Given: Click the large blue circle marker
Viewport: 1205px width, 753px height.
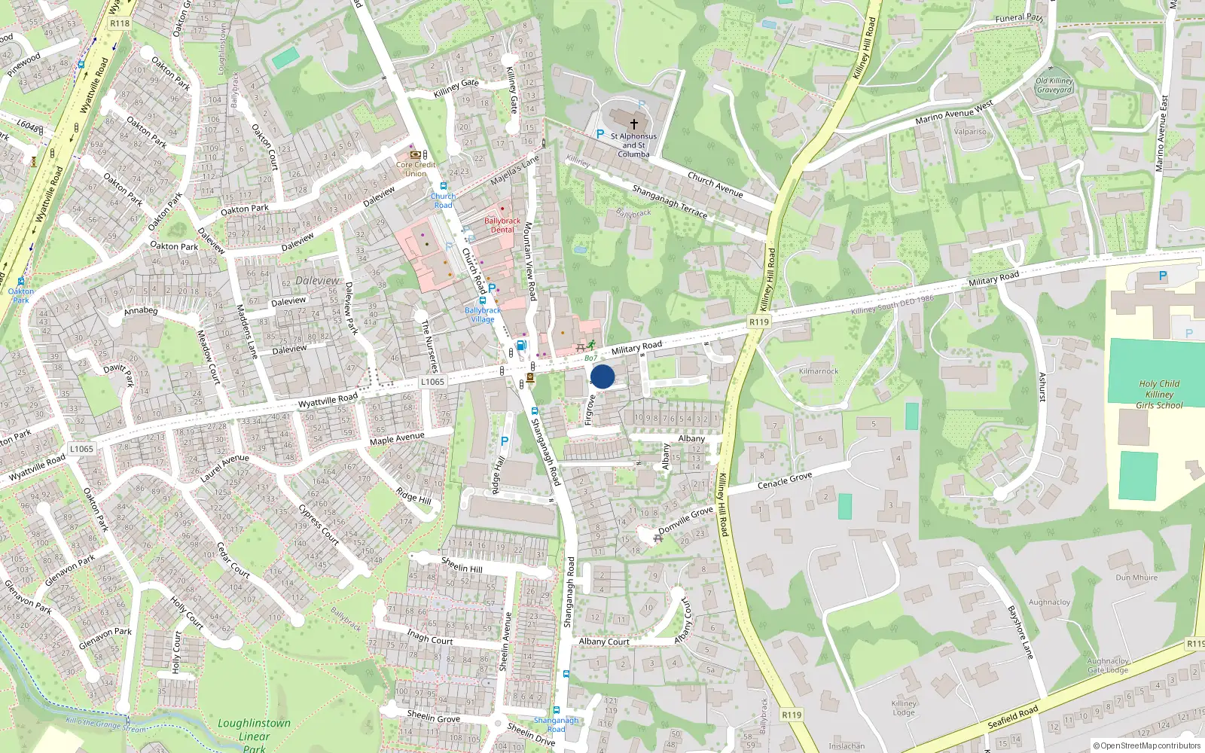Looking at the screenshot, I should tap(602, 376).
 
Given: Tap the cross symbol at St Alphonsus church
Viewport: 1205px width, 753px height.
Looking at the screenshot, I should tap(634, 124).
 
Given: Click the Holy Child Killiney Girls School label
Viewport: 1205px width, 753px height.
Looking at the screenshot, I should tap(1159, 395).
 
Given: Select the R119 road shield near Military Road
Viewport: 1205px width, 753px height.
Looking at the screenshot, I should tap(759, 322).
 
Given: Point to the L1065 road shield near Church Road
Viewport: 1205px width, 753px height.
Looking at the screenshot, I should tap(432, 382).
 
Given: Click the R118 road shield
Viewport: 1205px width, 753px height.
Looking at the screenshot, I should tap(120, 23).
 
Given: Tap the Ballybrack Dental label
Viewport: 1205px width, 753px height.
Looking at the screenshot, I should tap(502, 225).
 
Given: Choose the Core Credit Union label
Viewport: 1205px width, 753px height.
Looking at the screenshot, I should tap(416, 169).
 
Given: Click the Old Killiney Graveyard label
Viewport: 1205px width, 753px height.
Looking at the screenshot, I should tap(1054, 85).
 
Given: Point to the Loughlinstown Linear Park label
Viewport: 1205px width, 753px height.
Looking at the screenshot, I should tap(254, 734).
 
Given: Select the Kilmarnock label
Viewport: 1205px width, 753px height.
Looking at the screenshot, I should tap(819, 371).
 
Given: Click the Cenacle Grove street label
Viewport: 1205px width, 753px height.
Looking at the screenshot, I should tap(785, 480).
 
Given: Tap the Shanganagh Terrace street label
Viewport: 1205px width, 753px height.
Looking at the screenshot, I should tap(670, 201).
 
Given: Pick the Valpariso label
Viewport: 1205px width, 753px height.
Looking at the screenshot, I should tap(970, 132).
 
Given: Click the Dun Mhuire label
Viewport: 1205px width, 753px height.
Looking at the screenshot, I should tap(1136, 578).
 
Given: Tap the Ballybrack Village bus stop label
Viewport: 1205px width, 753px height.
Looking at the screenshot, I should tap(483, 315).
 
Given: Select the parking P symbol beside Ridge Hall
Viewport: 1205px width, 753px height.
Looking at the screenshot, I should tap(504, 441).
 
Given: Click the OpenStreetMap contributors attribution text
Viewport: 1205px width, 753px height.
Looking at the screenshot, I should tap(1147, 746).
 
